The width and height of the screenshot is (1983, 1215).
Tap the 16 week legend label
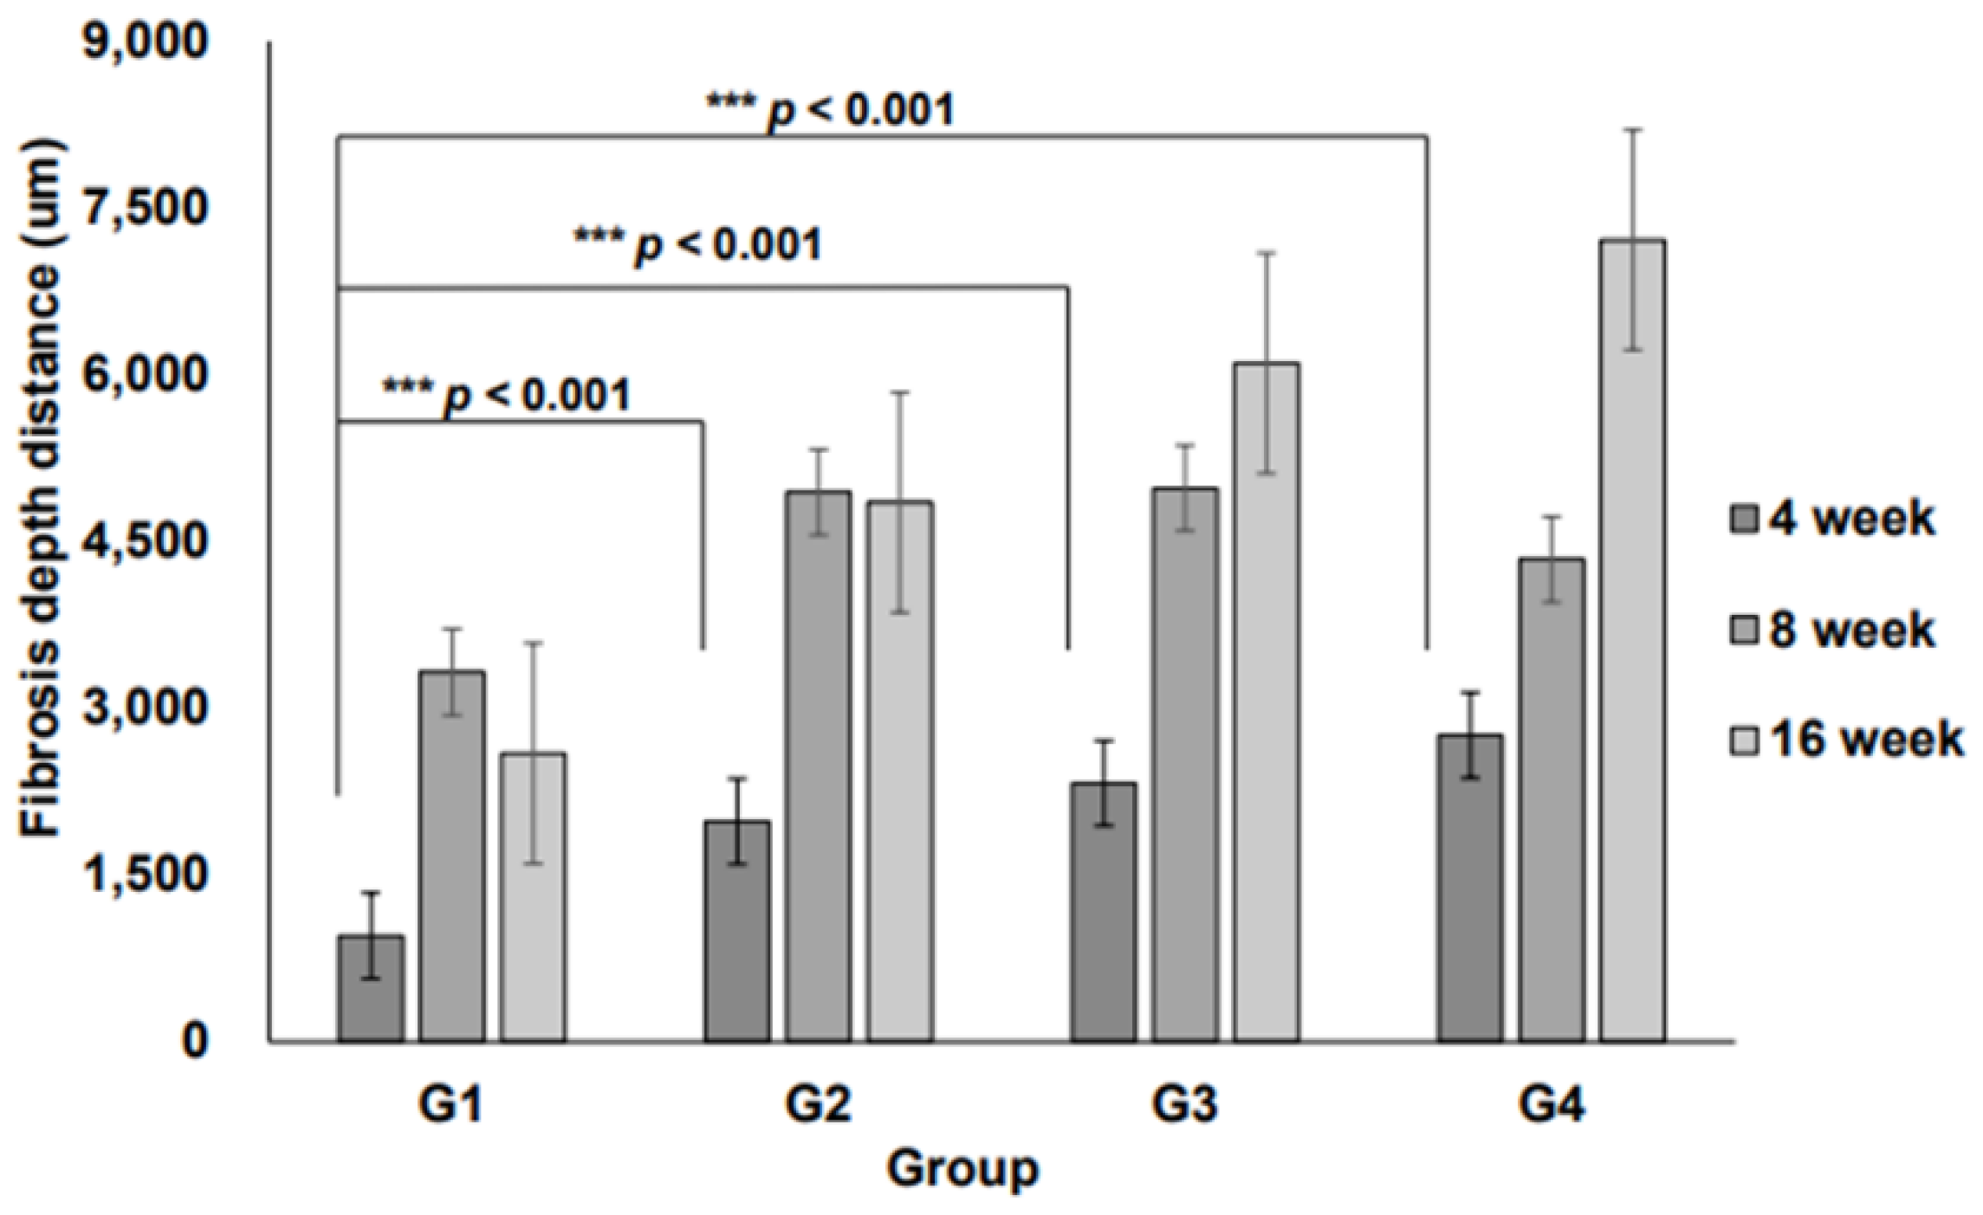1866,740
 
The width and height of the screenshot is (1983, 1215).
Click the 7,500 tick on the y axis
146,208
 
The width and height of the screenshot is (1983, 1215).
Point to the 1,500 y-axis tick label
146,874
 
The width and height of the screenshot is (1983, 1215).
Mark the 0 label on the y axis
194,1040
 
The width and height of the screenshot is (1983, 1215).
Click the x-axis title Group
962,1169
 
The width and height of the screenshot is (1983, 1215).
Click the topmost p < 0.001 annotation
830,111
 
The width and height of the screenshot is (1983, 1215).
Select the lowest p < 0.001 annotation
507,396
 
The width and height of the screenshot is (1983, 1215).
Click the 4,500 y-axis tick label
146,541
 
